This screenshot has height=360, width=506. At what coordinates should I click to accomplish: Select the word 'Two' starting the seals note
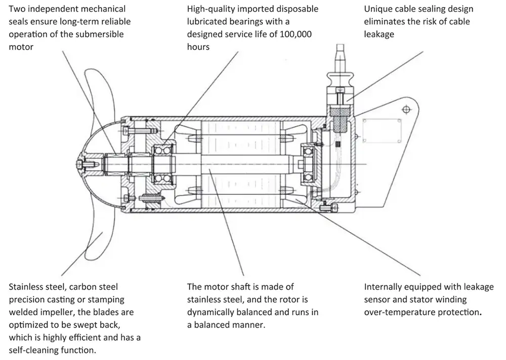click(x=18, y=9)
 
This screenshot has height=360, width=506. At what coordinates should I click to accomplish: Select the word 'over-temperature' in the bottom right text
click(x=397, y=312)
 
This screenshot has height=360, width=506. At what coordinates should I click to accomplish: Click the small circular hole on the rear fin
click(x=405, y=108)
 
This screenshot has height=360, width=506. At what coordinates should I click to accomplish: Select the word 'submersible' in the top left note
click(x=100, y=34)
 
